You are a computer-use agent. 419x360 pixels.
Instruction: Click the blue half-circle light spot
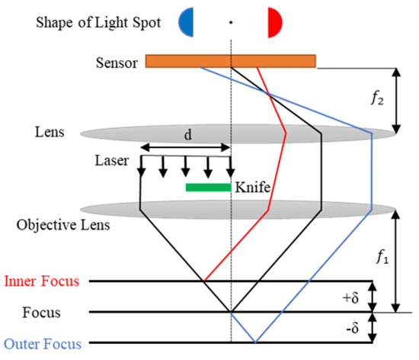187,22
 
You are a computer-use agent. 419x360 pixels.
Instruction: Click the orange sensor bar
229,60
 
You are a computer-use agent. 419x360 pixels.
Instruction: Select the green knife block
208,186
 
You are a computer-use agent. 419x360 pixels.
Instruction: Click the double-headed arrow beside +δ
372,296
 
